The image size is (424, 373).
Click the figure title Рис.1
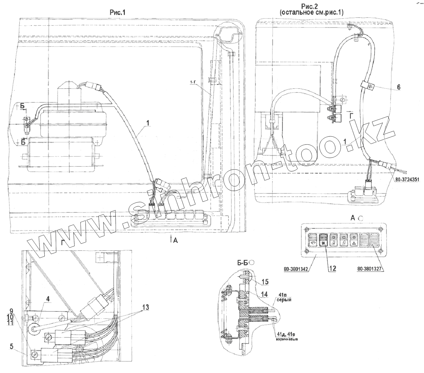tap(117, 12)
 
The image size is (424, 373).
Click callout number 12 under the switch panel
tap(332, 268)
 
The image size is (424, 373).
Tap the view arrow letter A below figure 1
tap(175, 241)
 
